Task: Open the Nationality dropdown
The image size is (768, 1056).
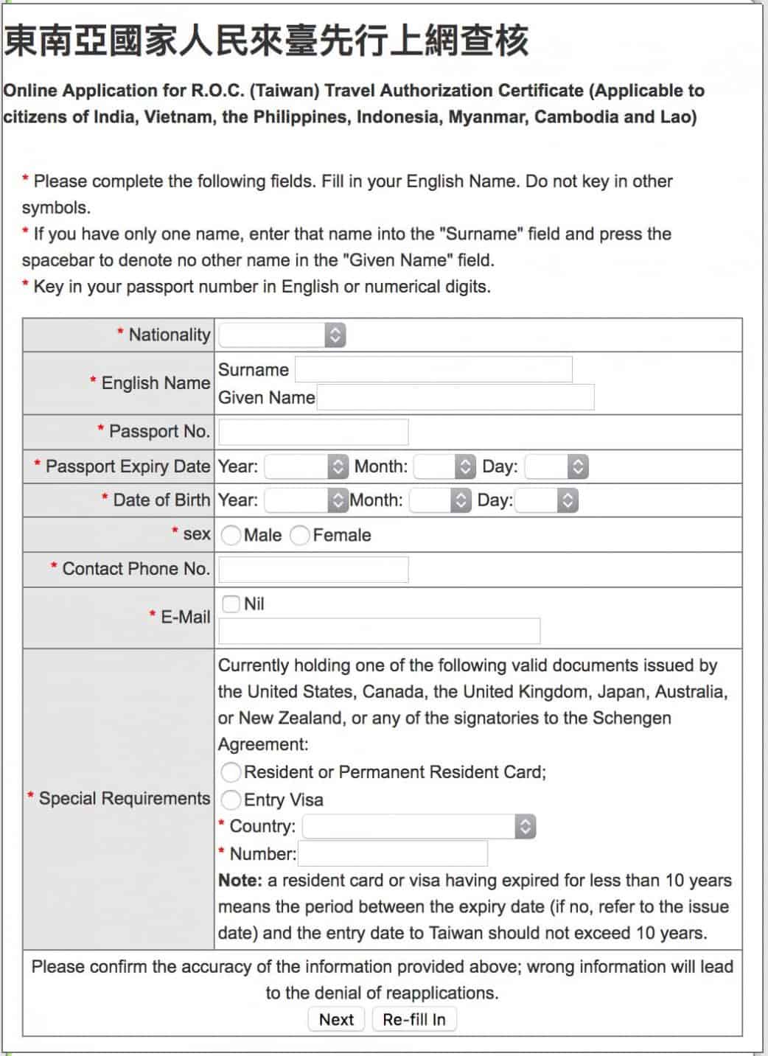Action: click(x=282, y=335)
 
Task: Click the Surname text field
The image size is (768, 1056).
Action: click(x=433, y=369)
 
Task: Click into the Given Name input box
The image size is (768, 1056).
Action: click(x=455, y=397)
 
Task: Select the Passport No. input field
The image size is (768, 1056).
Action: click(x=313, y=432)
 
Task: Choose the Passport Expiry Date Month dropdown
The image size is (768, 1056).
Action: click(x=444, y=466)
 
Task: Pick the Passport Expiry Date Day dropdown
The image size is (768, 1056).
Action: click(x=556, y=466)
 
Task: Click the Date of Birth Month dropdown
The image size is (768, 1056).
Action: click(x=440, y=500)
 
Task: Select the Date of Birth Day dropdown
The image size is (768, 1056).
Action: click(x=546, y=500)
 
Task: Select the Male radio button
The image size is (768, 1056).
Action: click(x=231, y=535)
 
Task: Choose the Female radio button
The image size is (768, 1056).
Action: click(x=300, y=535)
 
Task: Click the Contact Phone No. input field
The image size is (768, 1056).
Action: click(x=313, y=570)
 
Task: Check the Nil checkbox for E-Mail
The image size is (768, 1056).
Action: click(x=231, y=604)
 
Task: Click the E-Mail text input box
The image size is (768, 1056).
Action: click(x=379, y=631)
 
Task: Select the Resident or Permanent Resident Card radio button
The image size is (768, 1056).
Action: click(x=231, y=772)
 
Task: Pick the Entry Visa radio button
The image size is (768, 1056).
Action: click(x=231, y=800)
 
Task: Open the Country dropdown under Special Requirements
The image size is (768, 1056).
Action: click(x=419, y=826)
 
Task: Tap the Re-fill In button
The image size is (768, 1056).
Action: click(x=414, y=1019)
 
